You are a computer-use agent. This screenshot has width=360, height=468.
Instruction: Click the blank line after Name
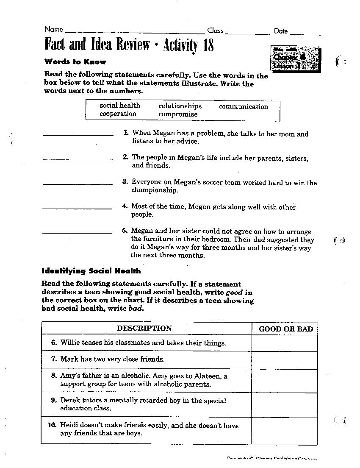pos(135,32)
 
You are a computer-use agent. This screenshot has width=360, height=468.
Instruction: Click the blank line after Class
pos(248,33)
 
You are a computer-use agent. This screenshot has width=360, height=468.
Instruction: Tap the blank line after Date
pos(305,33)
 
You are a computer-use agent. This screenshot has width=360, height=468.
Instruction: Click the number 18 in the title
pos(208,45)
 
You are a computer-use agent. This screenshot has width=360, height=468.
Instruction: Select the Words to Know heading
pos(75,62)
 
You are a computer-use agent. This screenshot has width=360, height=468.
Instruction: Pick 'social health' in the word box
pos(120,106)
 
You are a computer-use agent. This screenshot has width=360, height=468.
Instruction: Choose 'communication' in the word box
pos(244,107)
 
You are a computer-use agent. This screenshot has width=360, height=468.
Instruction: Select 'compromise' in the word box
pos(178,114)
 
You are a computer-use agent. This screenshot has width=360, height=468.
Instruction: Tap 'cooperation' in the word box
pos(118,114)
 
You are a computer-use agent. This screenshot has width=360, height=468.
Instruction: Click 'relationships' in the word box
pos(180,106)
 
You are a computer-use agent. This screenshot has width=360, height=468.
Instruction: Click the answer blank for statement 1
pos(78,134)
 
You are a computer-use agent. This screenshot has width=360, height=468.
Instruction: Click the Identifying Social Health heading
pos(91,271)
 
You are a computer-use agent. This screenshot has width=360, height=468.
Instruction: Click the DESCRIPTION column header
pos(144,328)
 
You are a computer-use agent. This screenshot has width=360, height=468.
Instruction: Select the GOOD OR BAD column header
pos(285,329)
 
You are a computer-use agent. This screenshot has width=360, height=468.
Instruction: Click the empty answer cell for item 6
pos(285,343)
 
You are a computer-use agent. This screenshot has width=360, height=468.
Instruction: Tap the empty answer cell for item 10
pos(285,429)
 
